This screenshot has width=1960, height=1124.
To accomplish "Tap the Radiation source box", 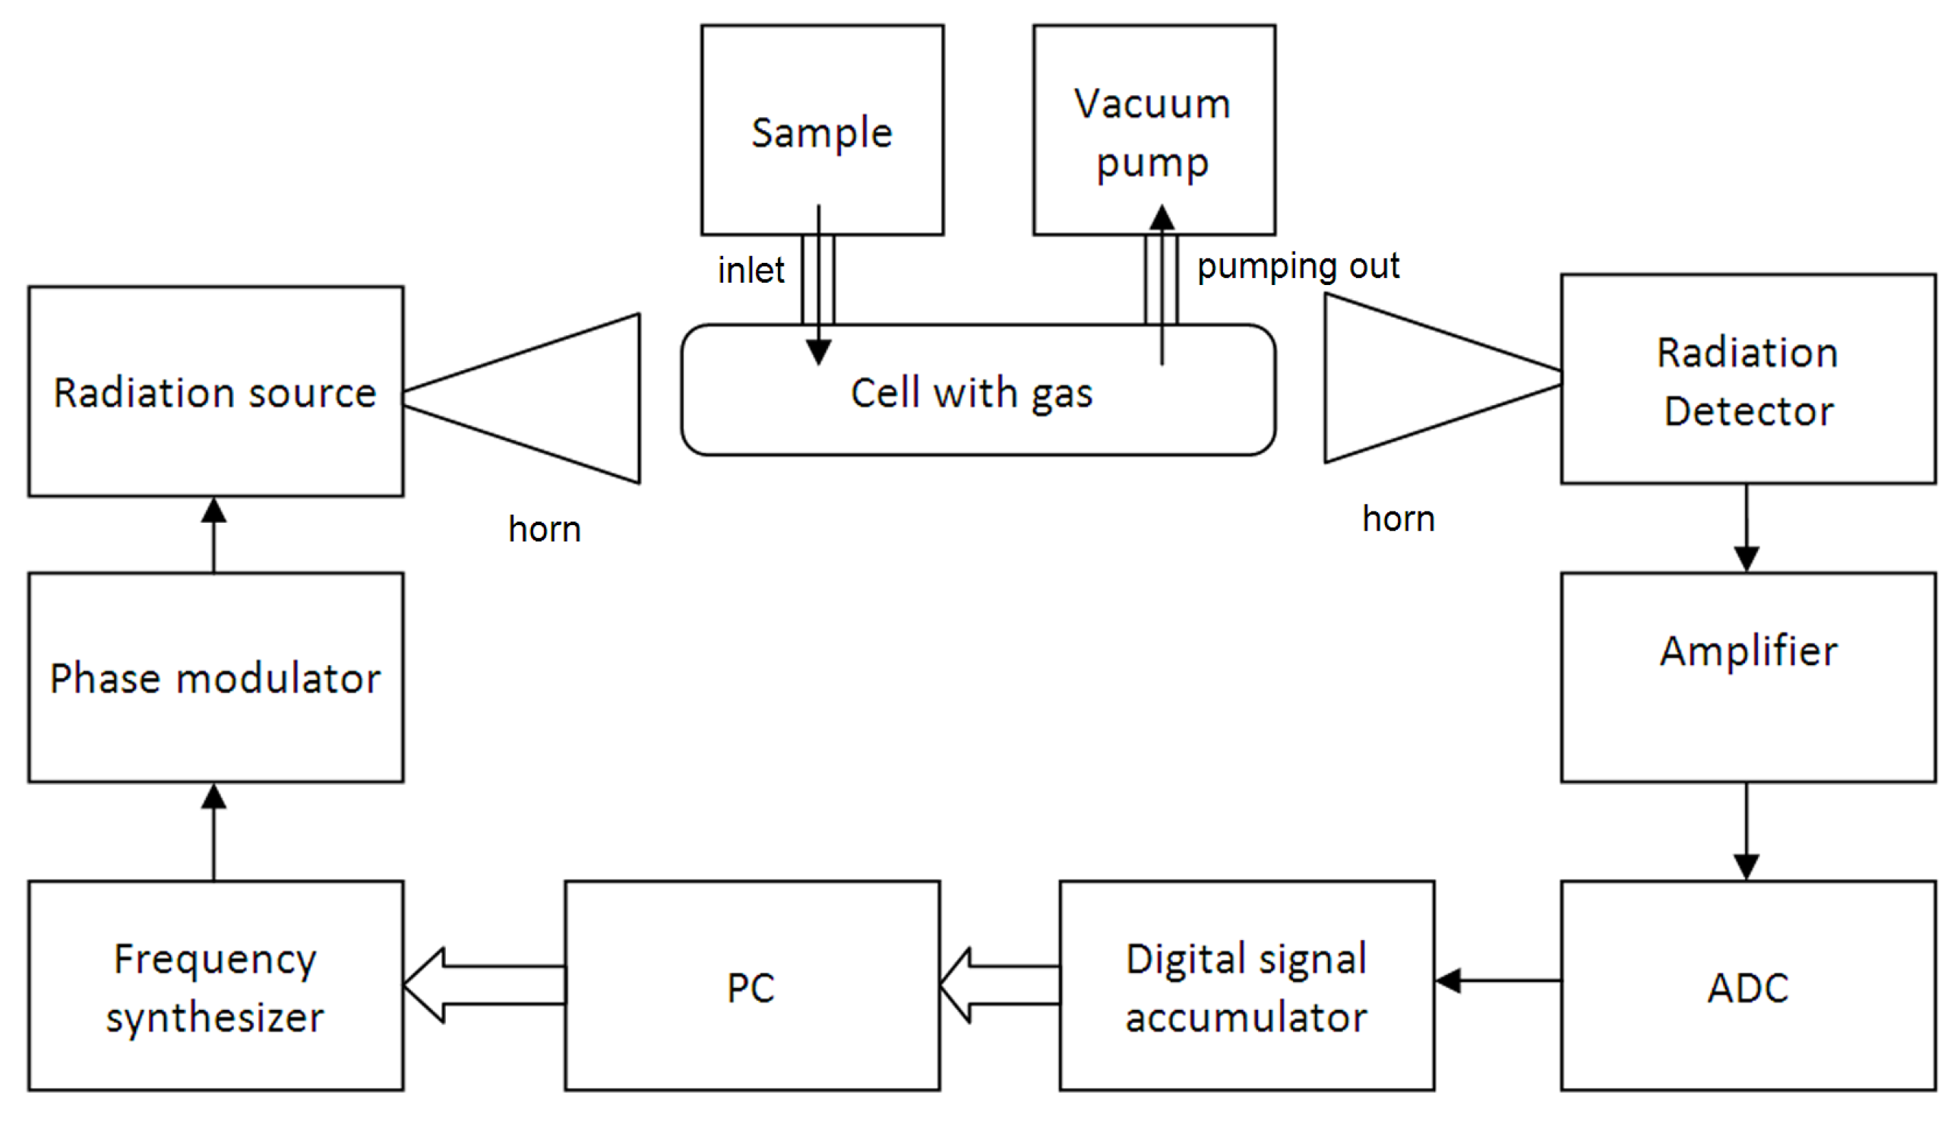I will click(x=215, y=391).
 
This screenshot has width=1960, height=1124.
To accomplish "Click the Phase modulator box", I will click(x=215, y=677).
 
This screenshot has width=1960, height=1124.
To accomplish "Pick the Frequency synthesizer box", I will click(x=215, y=986).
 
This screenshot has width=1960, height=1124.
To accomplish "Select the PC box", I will click(x=751, y=986).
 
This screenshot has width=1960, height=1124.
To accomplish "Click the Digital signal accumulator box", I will click(x=1246, y=986).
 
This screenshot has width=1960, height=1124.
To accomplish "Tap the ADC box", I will click(x=1748, y=986).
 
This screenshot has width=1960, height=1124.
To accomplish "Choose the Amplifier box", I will click(x=1748, y=677).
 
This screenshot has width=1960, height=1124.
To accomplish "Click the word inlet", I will click(x=750, y=271).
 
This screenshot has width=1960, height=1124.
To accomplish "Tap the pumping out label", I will click(x=1298, y=265).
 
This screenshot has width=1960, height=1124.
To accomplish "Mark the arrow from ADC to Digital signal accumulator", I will click(x=1497, y=980).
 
